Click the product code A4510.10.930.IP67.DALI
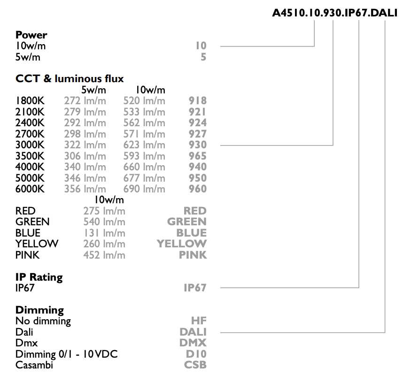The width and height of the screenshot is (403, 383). (x=334, y=13)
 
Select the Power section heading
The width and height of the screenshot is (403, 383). (x=31, y=35)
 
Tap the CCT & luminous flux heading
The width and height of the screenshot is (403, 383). (x=70, y=78)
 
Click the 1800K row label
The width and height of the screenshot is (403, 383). (x=30, y=101)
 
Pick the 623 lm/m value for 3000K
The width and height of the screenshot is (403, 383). (x=144, y=145)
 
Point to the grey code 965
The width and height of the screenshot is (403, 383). (x=198, y=156)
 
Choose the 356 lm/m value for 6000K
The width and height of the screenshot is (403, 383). (x=85, y=189)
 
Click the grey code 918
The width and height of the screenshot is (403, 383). (x=198, y=101)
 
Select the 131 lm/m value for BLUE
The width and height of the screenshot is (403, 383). (x=105, y=233)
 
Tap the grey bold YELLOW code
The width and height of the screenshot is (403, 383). (x=182, y=244)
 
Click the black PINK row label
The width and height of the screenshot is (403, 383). (x=28, y=255)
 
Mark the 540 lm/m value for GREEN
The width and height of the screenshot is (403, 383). (x=104, y=222)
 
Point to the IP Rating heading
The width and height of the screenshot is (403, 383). (x=39, y=277)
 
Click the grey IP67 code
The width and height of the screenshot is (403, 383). (x=195, y=288)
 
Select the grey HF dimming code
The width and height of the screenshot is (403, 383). (x=199, y=321)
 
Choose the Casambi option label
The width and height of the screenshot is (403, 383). (x=34, y=365)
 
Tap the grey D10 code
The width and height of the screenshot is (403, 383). (x=196, y=354)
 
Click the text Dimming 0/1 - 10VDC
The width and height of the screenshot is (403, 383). (x=67, y=354)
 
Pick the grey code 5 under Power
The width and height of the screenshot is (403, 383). (x=203, y=57)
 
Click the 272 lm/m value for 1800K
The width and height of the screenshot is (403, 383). (x=85, y=101)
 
